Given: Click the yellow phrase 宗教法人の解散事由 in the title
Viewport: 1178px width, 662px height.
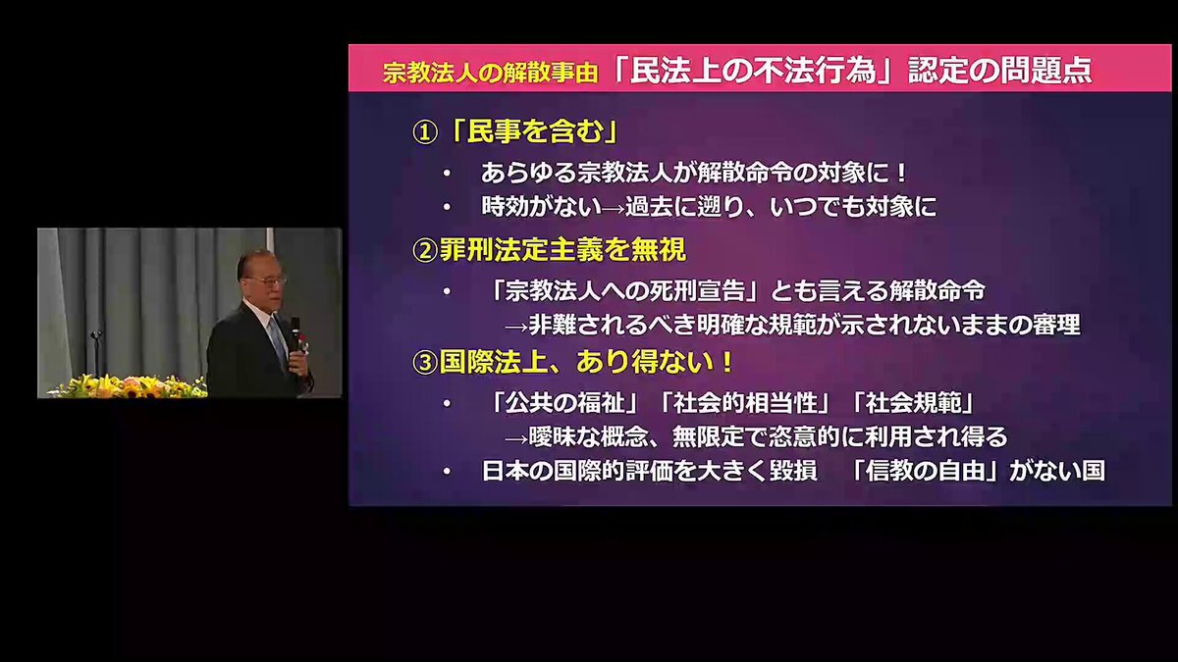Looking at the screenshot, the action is coord(490,73).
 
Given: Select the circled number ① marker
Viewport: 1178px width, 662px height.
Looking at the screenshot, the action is coord(425,133).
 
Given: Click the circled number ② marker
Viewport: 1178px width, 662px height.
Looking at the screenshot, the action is coord(425,251).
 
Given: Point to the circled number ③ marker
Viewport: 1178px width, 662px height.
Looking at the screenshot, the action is coord(425,363).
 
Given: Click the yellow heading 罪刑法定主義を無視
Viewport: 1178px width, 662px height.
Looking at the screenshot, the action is coord(562,250).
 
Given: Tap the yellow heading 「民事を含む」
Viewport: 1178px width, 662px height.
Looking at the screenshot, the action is coord(533,131).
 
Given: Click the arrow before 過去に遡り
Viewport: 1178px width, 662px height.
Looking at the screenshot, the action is coord(614,209).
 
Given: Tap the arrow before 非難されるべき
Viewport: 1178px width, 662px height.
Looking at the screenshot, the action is coord(516,328).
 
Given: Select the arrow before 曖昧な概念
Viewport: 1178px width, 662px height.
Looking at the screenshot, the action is coord(516,439).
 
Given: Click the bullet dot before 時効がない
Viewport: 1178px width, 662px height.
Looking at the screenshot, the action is coord(447,207).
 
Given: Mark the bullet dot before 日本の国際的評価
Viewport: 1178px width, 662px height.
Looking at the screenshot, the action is coord(447,472).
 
